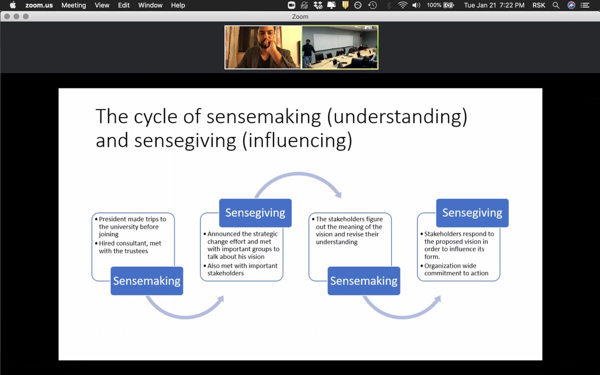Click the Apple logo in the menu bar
pos(13,5)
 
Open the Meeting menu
pos(73,5)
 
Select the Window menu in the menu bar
pos(150,5)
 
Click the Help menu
pos(178,5)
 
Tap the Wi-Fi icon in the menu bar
pos(402,5)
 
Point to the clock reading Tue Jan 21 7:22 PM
pos(494,5)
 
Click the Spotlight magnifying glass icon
pos(556,5)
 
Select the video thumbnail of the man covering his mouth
pos(263,47)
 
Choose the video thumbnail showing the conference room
pos(340,47)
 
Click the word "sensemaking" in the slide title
pos(263,116)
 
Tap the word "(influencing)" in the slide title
pos(297,140)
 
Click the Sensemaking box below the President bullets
pos(146,280)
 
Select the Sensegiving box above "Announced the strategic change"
pos(255,212)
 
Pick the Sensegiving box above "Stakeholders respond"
pos(472,213)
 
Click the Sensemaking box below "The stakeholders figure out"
pos(363,280)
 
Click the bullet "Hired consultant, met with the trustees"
pos(130,247)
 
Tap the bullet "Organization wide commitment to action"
pos(456,269)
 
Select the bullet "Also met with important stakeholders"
pos(242,269)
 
